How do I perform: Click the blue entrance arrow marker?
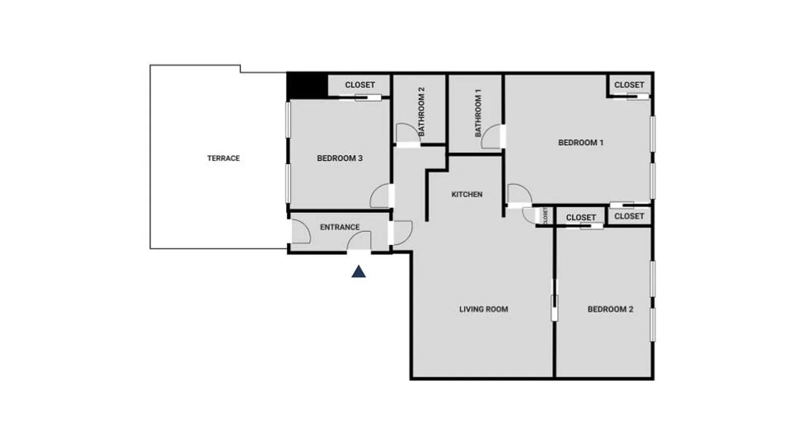[359, 271]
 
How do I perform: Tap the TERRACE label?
[224, 158]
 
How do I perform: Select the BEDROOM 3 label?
[340, 158]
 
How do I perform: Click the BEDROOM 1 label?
[581, 142]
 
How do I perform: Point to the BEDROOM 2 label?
[610, 309]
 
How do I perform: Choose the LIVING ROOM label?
[483, 309]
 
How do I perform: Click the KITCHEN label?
[467, 194]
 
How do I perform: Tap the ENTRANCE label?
[340, 227]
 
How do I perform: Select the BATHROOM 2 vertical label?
[422, 112]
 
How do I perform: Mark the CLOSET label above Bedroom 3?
[360, 85]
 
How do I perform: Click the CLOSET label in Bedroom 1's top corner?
[629, 85]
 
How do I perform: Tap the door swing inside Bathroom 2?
[405, 133]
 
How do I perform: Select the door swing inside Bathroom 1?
[491, 137]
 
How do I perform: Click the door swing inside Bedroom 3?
[380, 196]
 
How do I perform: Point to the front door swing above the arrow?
[360, 241]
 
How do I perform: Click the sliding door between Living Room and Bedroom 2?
[554, 300]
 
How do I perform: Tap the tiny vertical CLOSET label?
[546, 215]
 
